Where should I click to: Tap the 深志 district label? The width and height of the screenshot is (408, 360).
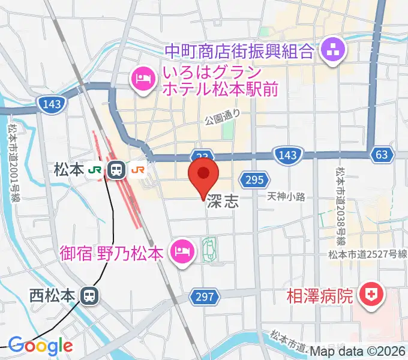[x=223, y=202]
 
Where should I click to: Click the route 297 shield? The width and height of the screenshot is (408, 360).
[x=203, y=296]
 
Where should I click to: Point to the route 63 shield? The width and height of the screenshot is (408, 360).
[x=381, y=155]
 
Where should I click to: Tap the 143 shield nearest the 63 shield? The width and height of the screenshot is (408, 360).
[x=287, y=155]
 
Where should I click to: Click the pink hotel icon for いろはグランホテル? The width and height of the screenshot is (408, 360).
[x=142, y=78]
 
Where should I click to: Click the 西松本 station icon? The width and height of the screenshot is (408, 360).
[x=89, y=295]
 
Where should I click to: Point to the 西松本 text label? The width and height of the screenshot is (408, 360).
[x=52, y=295]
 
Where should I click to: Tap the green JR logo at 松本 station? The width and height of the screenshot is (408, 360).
[x=95, y=170]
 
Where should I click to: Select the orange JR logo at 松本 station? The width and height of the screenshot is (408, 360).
[x=138, y=170]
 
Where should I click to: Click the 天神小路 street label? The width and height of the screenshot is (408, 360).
[x=287, y=196]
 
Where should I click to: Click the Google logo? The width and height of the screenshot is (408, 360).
[x=40, y=346]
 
